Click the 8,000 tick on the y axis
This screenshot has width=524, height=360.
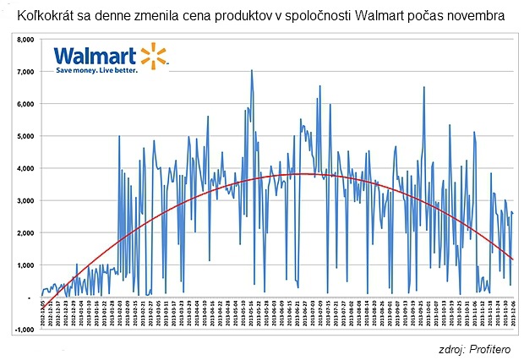pyautogui.click(x=23, y=39)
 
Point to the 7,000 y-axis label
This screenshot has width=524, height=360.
pyautogui.click(x=23, y=71)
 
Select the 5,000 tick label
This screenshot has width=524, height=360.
pyautogui.click(x=23, y=136)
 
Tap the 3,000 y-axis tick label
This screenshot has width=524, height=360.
pyautogui.click(x=23, y=201)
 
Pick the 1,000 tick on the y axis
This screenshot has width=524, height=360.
pyautogui.click(x=23, y=265)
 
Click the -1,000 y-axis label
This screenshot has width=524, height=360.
pyautogui.click(x=22, y=330)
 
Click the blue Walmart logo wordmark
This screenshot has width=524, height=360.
pyautogui.click(x=94, y=57)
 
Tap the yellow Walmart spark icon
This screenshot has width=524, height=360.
pyautogui.click(x=153, y=56)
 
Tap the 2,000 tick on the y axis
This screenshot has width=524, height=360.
pyautogui.click(x=23, y=233)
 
